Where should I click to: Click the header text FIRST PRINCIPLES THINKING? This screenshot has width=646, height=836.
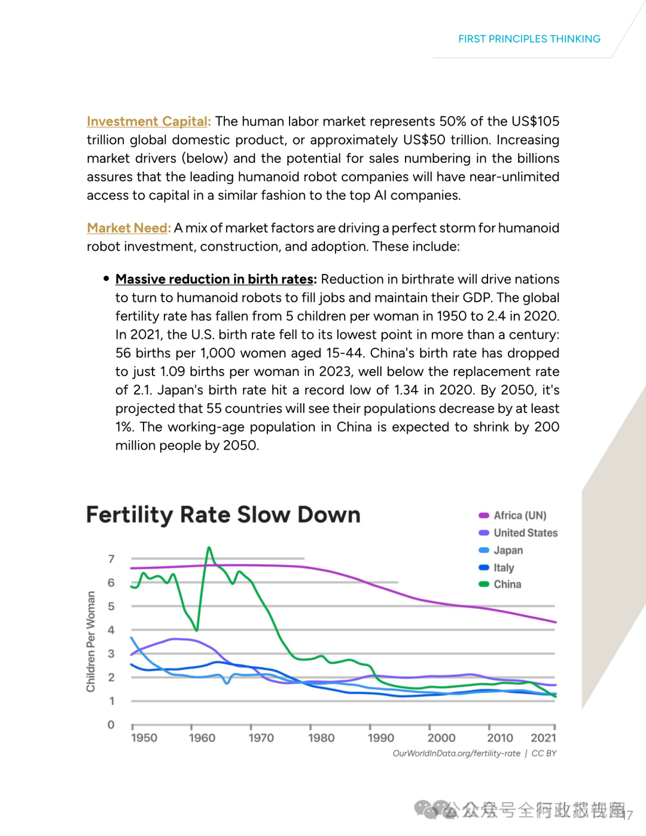529,39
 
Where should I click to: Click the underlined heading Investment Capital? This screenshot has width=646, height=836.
148,121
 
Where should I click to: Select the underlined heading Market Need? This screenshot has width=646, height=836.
128,228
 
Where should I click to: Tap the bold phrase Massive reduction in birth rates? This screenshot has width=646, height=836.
215,279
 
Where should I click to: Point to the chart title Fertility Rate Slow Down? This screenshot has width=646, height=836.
223,515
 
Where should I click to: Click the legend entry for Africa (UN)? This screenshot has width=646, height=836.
519,515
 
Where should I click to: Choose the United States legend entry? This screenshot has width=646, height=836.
525,533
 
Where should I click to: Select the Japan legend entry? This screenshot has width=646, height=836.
507,550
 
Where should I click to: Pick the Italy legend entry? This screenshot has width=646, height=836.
503,567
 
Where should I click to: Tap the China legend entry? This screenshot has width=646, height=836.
507,584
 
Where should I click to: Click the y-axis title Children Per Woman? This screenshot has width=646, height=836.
91,642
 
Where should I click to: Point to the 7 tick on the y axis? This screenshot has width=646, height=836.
111,559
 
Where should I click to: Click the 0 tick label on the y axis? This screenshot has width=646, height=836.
111,725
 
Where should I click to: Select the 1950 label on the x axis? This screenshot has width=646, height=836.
144,738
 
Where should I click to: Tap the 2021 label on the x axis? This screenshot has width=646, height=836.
543,738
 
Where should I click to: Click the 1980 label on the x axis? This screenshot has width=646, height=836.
321,738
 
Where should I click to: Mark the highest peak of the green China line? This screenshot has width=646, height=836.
209,548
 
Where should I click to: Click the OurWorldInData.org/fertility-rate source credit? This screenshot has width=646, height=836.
456,753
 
